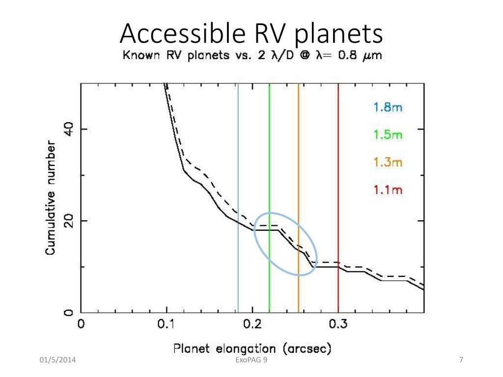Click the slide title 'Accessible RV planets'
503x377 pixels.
251,34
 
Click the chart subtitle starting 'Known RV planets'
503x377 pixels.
251,55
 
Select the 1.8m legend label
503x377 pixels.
388,108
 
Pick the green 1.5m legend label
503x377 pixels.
388,135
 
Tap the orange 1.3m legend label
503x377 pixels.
388,162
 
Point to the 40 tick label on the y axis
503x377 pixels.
69,129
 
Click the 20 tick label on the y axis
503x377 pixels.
69,221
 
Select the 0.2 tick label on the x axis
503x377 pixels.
252,324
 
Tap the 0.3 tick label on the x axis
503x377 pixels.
338,324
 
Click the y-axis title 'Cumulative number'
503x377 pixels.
51,197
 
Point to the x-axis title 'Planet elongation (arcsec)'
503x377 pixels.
252,349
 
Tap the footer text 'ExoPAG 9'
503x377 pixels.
251,362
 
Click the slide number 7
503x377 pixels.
461,362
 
